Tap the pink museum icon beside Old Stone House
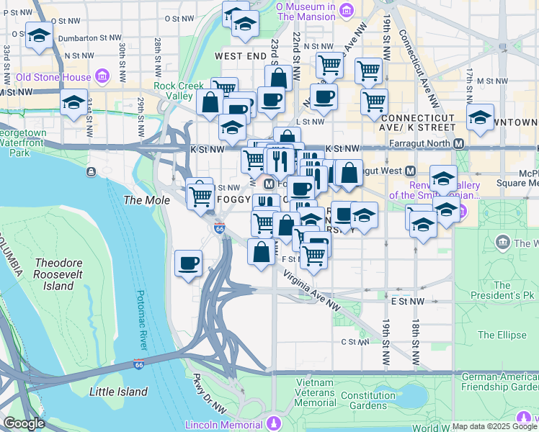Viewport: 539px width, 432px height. [x=102, y=76]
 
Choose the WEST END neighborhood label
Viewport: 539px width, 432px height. [x=240, y=55]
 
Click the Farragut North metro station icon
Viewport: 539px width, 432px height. [x=459, y=143]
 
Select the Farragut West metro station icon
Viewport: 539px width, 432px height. [x=410, y=171]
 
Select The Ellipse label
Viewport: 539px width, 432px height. [x=496, y=335]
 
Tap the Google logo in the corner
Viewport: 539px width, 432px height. [x=24, y=423]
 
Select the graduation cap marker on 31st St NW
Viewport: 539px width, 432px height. [x=74, y=103]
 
